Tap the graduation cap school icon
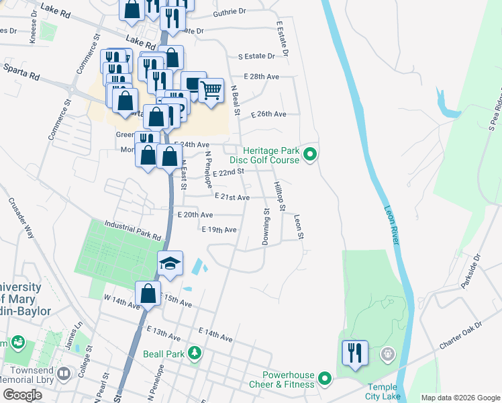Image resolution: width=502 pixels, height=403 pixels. tap(170, 263)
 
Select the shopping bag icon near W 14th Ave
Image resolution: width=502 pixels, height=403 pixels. tap(148, 294)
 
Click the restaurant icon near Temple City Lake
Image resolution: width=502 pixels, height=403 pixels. tap(354, 353)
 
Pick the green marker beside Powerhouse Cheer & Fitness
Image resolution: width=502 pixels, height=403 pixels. tap(325, 379)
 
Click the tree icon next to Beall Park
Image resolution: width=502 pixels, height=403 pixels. tap(194, 353)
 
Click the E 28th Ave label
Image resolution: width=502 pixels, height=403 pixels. tap(262, 77)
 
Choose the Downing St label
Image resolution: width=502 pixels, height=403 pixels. tap(266, 227)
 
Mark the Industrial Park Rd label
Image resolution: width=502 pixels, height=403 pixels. tap(133, 231)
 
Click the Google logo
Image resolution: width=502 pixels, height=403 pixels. tap(23, 395)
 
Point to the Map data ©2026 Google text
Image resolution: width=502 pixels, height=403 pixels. tap(460, 398)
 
